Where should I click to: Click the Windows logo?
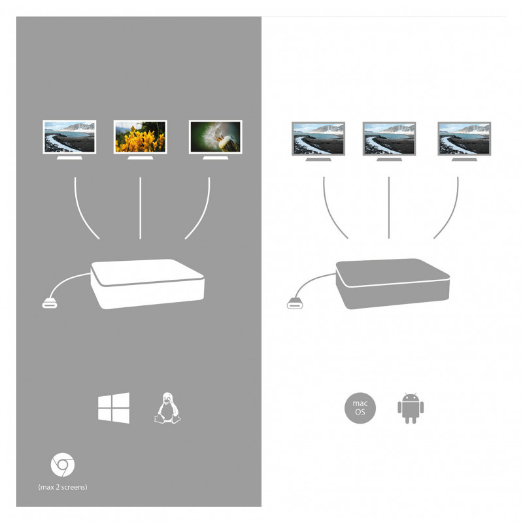pos(114,408)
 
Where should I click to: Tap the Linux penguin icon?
pos(167,408)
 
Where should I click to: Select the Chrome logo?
pos(63,465)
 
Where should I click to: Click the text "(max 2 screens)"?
pos(63,487)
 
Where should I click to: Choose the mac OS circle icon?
pos(360,408)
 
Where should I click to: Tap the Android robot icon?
pos(411,408)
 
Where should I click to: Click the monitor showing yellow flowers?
pos(140,140)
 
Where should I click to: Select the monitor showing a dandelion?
pos(216,140)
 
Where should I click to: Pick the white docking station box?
pos(148,284)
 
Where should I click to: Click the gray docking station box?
pos(393,284)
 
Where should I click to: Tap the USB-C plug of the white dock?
pos(50,304)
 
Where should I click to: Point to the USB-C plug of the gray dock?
pos(295,304)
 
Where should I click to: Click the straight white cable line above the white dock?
pos(141,208)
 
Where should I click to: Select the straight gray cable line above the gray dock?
pos(389,208)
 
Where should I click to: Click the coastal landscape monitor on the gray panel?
pos(69,140)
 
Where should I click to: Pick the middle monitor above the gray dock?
pos(389,141)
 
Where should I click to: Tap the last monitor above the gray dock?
pos(464,141)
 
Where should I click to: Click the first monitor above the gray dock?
pos(318,141)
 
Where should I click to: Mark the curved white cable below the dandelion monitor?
pos(203,214)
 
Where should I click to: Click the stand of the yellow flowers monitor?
pos(140,158)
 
